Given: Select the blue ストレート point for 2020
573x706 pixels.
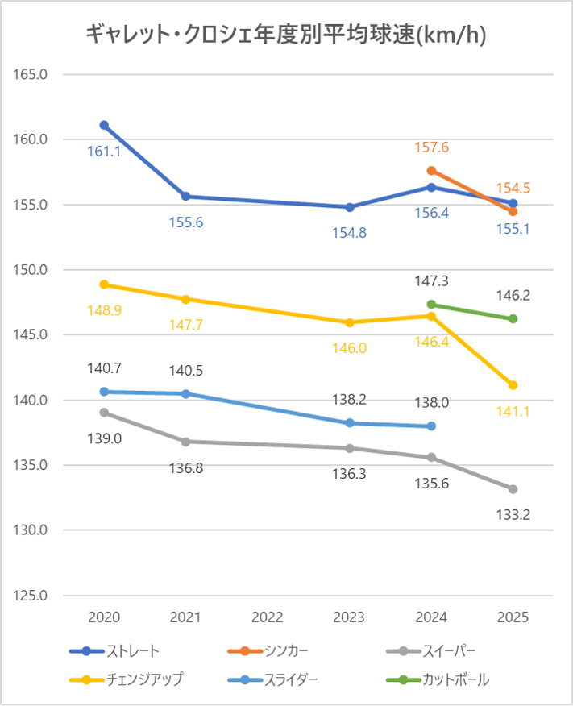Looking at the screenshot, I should point(104,125).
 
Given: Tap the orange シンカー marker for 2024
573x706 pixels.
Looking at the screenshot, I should point(431,171).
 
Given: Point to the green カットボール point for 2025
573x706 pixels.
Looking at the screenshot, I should point(513,318).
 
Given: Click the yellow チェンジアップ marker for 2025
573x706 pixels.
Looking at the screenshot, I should point(513,385).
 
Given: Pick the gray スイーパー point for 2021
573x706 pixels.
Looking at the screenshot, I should point(185,442).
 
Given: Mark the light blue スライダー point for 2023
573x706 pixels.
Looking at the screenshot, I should point(350,423).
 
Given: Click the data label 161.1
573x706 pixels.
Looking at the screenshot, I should point(104,151).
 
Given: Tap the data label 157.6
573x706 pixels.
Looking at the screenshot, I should point(432,147).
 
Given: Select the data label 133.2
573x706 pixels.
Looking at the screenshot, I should point(513,513).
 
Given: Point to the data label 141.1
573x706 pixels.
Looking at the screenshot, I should point(513,410).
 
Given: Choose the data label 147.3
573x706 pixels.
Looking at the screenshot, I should point(432,281).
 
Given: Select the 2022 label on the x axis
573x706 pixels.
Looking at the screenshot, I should point(268,618).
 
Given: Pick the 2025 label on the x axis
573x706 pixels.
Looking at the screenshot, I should point(513,618).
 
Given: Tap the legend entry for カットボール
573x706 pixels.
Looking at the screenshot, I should point(455,679).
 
